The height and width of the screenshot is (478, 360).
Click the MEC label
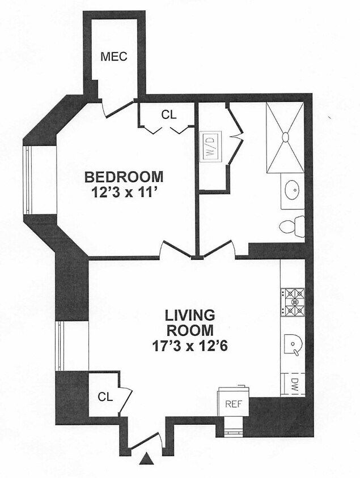tap(113, 57)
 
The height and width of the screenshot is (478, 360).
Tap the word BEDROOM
tap(124, 177)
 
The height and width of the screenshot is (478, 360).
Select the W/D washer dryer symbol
tap(211, 147)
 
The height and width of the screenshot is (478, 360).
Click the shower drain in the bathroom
tap(285, 138)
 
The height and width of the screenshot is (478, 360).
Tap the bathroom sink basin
tap(293, 190)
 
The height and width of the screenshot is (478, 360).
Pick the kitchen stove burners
tap(293, 301)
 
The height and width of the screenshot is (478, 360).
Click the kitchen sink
tap(293, 345)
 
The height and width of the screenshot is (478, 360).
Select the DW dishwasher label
tap(294, 385)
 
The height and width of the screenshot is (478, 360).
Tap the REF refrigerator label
tap(234, 404)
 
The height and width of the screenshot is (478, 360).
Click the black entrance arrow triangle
tap(146, 459)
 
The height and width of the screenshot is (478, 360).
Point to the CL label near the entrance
tap(105, 397)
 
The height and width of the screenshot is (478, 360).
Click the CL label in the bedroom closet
tap(169, 114)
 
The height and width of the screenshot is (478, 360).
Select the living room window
tap(61, 345)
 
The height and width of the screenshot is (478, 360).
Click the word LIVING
tap(190, 315)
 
